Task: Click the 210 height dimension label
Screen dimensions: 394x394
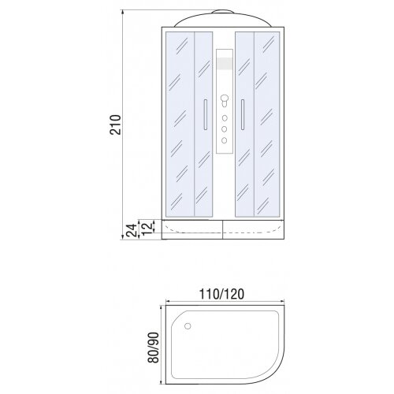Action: (116, 125)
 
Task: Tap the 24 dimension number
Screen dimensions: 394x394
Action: (132, 230)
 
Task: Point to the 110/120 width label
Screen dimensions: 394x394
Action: (222, 294)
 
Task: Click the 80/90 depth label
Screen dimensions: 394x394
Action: (154, 348)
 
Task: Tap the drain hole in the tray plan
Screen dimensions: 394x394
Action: (188, 326)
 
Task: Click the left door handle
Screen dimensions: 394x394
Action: (206, 114)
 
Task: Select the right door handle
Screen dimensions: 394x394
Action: (243, 114)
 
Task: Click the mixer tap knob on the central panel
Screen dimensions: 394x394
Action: (225, 99)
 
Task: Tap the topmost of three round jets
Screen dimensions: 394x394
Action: (225, 118)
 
